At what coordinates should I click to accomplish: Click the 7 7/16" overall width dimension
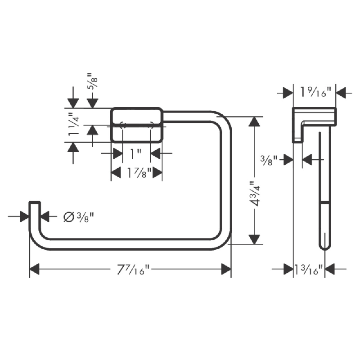point(133,270)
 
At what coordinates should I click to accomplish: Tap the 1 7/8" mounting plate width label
point(137,172)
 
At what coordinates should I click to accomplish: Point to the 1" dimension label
point(135,154)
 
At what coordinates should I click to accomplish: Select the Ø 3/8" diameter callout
point(78,217)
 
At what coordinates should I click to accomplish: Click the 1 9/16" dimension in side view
point(315,92)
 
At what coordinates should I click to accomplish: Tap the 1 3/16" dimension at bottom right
point(309,270)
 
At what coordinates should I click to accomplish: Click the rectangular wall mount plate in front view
point(137,125)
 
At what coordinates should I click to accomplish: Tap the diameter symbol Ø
point(68,217)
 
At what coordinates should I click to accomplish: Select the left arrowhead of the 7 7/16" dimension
point(34,270)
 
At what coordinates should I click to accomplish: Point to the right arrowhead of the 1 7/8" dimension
point(157,172)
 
